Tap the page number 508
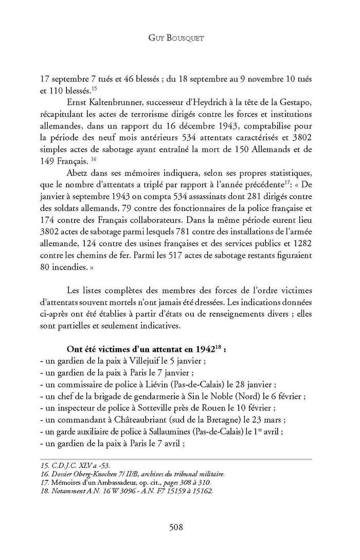click(x=179, y=527)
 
